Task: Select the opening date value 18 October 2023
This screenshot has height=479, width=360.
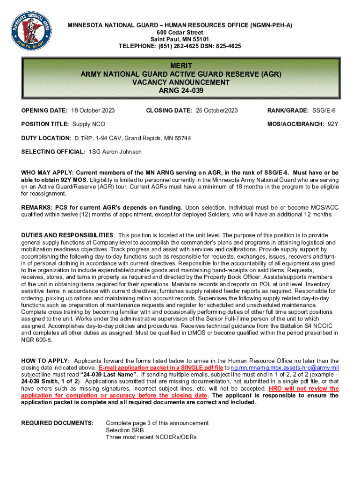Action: pos(93,111)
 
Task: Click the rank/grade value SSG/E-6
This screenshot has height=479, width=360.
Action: pos(325,111)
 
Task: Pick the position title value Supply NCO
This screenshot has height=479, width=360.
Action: pos(88,124)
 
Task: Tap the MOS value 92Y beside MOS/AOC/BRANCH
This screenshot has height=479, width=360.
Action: pos(332,124)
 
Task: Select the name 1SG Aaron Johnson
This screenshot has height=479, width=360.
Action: pos(115,152)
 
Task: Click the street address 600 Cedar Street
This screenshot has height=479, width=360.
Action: pos(180,32)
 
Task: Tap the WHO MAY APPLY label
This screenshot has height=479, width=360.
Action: pos(47,173)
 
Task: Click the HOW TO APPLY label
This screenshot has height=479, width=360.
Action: pos(46,361)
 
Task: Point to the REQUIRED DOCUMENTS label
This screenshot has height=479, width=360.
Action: pos(57,423)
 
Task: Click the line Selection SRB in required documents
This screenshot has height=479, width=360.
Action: pos(125,430)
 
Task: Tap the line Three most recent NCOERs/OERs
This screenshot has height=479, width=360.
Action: pos(151,437)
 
